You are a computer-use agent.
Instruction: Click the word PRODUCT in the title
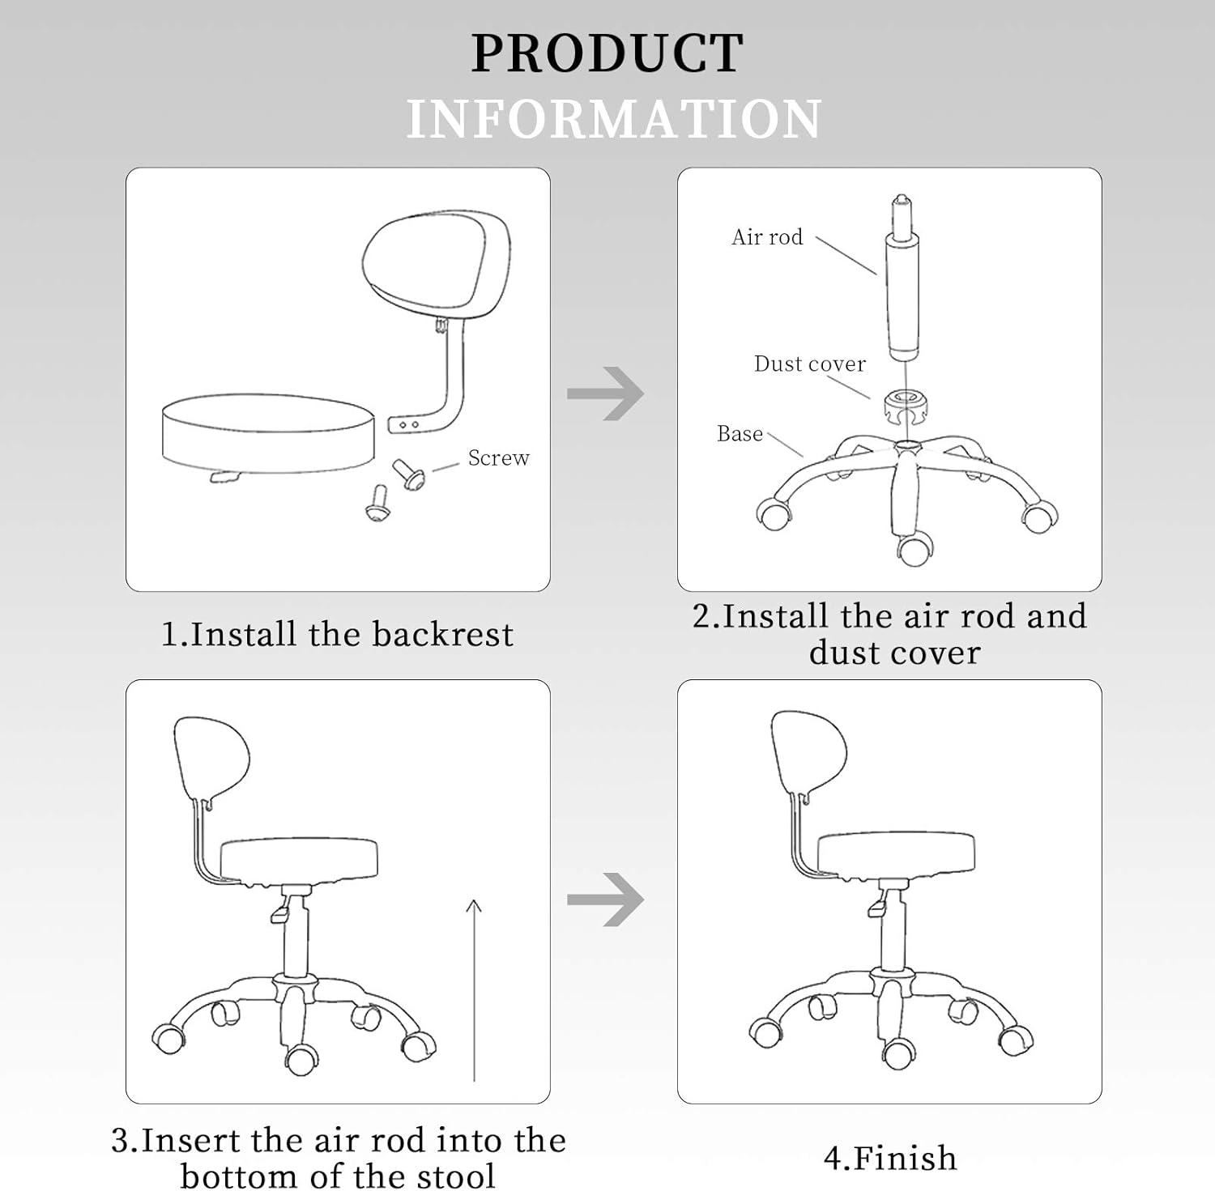[607, 53]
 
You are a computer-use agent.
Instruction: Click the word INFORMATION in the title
[613, 119]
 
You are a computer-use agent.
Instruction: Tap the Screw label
[498, 458]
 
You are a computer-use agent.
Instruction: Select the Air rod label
[767, 237]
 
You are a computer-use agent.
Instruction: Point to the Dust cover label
[809, 364]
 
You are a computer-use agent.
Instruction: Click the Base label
[740, 434]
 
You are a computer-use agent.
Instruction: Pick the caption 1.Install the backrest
[337, 634]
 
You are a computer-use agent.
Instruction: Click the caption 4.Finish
[889, 1158]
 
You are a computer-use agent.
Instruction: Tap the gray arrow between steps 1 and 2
[606, 393]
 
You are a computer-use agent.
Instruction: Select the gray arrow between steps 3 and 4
[606, 899]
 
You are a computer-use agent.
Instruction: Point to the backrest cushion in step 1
[436, 261]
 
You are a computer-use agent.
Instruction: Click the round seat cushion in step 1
[268, 432]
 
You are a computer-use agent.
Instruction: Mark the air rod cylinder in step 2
[902, 296]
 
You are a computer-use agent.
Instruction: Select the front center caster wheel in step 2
[914, 551]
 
